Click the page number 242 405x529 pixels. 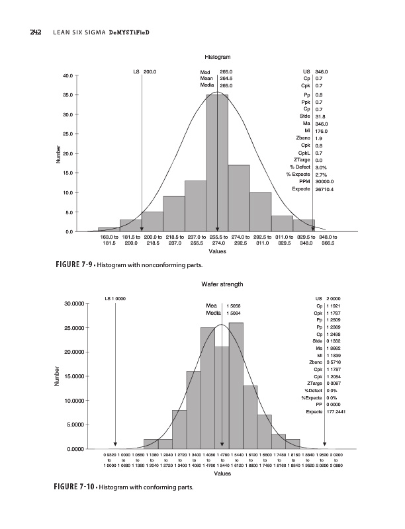[x=19, y=32]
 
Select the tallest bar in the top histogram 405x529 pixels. [x=217, y=163]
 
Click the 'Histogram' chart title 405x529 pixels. [x=217, y=58]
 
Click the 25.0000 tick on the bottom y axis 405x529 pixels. [x=64, y=328]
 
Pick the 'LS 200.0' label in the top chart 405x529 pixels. [x=145, y=71]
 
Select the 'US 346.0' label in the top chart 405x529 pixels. [x=313, y=71]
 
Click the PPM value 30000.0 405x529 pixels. [x=325, y=181]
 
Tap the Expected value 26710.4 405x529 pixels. [x=325, y=189]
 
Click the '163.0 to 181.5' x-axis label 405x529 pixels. [x=109, y=239]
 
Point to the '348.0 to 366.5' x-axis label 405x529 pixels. [x=327, y=239]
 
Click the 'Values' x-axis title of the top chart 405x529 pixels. [x=217, y=251]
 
